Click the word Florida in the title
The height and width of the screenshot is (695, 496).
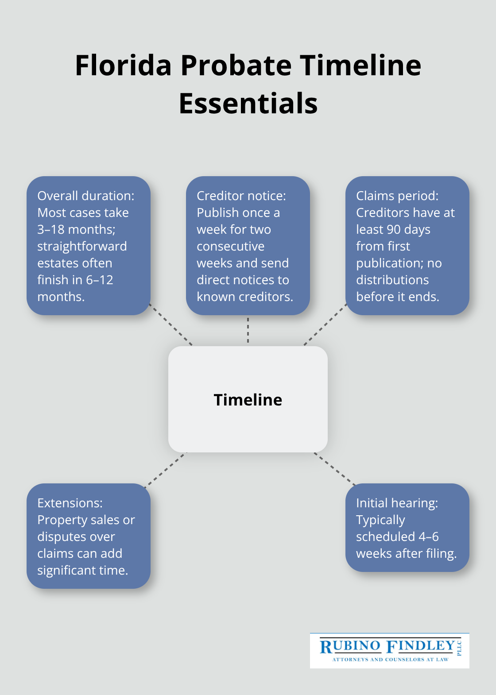click(x=123, y=66)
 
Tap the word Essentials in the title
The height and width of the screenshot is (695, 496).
click(x=248, y=104)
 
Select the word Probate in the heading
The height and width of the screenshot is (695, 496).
click(x=236, y=66)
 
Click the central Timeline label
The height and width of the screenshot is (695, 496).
click(x=248, y=400)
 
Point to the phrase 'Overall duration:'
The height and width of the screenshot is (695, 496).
click(x=85, y=196)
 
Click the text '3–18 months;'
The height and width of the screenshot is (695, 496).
click(x=76, y=229)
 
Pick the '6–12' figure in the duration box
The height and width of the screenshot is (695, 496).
click(x=100, y=280)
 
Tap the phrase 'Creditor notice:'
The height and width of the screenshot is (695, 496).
click(x=241, y=196)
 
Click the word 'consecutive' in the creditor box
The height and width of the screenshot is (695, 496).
click(x=230, y=246)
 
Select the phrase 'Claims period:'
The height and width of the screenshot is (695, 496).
click(x=397, y=196)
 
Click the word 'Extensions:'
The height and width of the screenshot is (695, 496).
click(x=70, y=503)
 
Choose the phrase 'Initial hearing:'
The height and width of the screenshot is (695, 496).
click(x=397, y=503)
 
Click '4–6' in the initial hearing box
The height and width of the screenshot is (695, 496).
click(x=429, y=537)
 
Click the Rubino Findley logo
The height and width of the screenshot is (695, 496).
click(x=389, y=650)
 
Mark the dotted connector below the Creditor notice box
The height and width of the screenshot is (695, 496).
click(x=248, y=330)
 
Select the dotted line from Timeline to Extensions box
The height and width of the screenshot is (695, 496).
click(x=165, y=469)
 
